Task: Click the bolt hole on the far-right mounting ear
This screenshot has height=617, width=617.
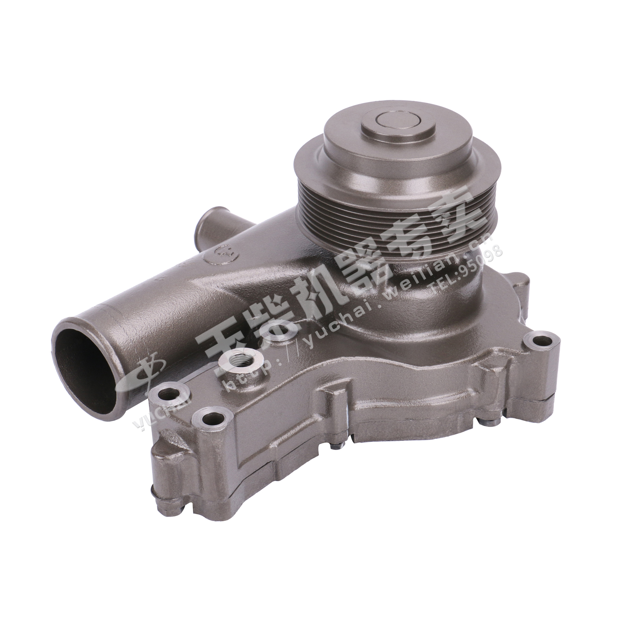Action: click(542, 341)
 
